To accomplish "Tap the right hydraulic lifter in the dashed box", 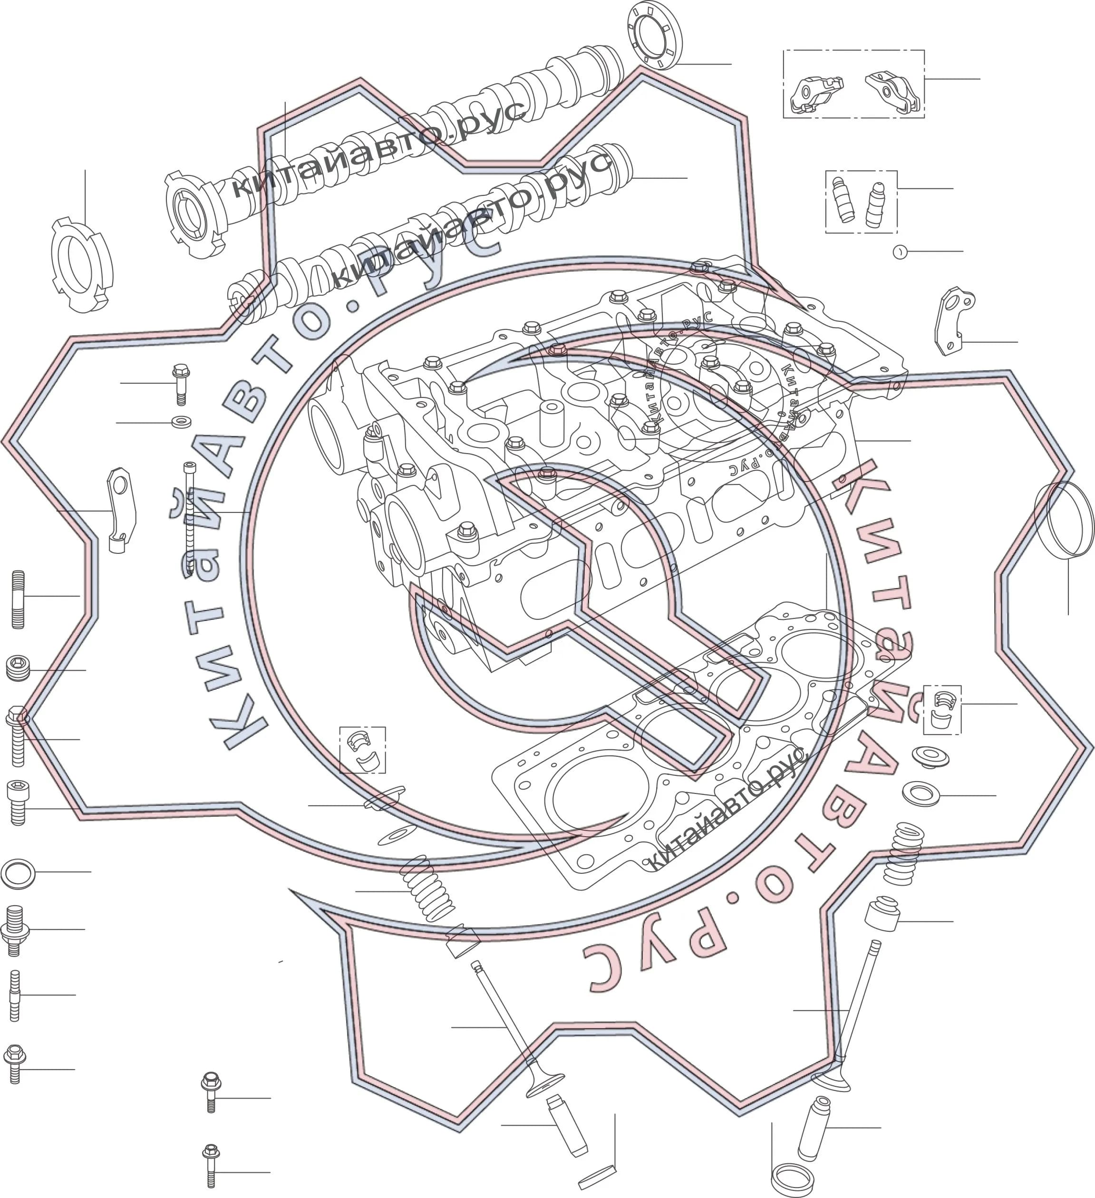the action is [x=876, y=205].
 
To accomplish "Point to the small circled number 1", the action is [x=900, y=252].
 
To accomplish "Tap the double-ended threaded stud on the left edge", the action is [x=19, y=599].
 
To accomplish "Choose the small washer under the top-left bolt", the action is [x=181, y=423].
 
